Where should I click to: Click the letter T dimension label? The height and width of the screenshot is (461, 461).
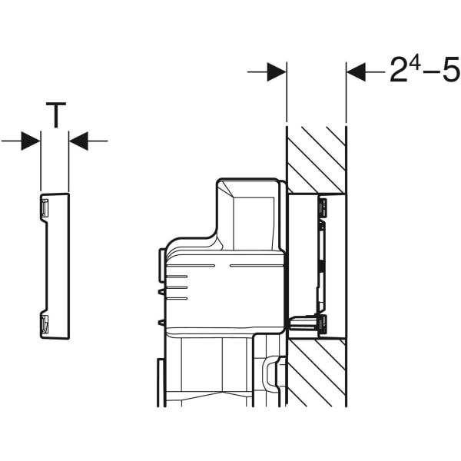click(x=55, y=116)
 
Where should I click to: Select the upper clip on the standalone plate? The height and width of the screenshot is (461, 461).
click(x=45, y=206)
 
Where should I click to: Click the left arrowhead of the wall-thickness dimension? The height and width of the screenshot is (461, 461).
click(x=277, y=72)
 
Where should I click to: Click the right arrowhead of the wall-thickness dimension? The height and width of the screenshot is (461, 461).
click(x=356, y=72)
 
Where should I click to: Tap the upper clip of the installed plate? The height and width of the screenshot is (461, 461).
click(x=323, y=205)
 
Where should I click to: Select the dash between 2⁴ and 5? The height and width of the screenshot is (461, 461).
click(x=432, y=73)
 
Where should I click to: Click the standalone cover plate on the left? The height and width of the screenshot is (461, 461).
click(x=55, y=265)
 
